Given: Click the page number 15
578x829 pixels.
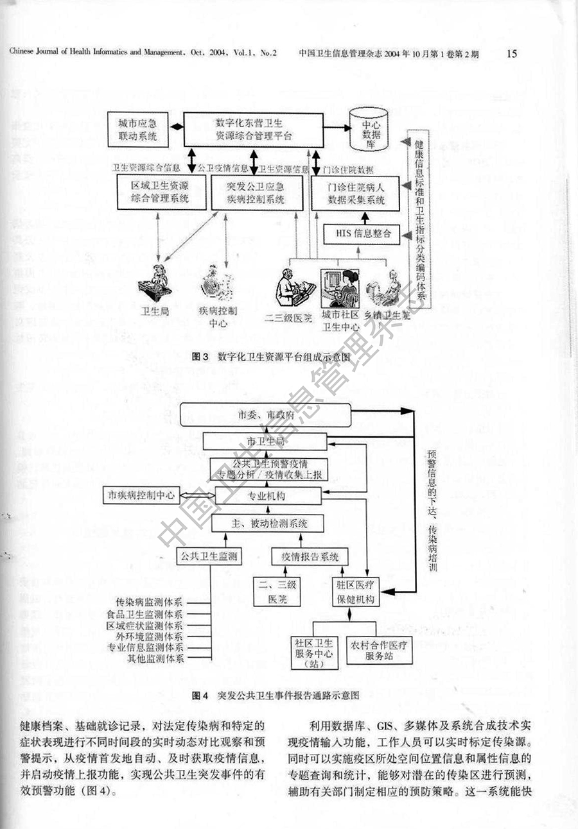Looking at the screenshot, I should (511, 53).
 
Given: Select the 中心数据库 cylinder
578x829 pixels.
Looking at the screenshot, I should (372, 129).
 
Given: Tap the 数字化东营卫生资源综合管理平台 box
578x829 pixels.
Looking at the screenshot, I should (254, 128).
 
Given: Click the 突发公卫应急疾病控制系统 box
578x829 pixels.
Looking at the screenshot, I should (247, 192).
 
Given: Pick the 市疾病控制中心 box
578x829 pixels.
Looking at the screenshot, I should (142, 495).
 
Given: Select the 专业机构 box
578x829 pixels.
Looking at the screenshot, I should (268, 495).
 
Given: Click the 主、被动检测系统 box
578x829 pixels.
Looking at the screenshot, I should (268, 524).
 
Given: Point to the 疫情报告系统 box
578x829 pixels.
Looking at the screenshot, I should (306, 556).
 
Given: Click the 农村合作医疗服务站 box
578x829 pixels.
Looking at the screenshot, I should (379, 651).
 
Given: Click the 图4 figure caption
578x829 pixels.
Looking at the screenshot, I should (275, 695).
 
